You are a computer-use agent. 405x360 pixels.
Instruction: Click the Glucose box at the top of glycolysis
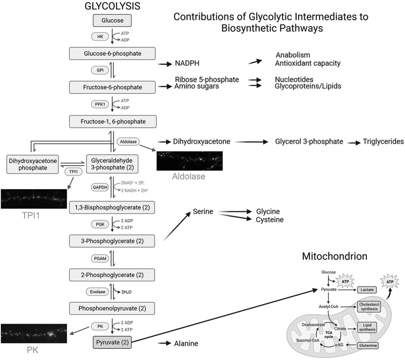pos(112,20)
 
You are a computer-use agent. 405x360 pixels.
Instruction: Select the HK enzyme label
pos(99,36)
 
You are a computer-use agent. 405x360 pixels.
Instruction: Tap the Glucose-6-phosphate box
pos(112,53)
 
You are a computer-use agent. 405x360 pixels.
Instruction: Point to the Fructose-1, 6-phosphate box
pos(112,122)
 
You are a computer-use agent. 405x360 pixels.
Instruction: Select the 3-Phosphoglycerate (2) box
pos(112,241)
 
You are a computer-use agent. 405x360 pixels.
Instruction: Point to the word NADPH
pos(189,64)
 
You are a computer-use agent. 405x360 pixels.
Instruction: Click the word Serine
pos(204,213)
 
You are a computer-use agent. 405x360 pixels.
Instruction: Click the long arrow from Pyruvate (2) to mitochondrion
pos(228,315)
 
